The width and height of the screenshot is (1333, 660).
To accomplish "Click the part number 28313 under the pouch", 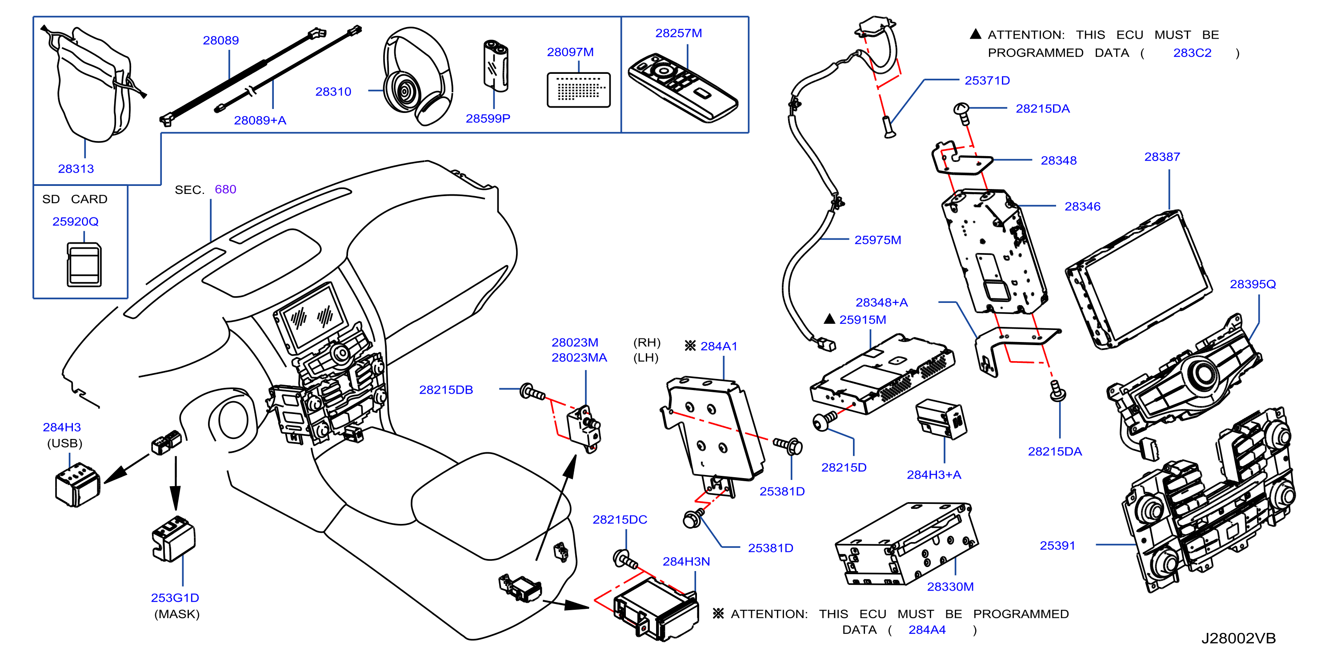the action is click(x=76, y=169).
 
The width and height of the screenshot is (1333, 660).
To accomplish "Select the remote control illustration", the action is click(x=683, y=88).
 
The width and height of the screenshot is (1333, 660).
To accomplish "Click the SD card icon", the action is click(x=84, y=265).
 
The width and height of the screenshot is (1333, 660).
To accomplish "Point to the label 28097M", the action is click(x=570, y=52).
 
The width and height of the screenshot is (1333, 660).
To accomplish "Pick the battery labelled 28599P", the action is click(x=496, y=65).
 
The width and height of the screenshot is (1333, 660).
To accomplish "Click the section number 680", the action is click(x=226, y=189).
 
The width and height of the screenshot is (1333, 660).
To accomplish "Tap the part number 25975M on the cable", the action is click(x=877, y=240).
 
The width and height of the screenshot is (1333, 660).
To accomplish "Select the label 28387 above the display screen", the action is click(x=1162, y=157).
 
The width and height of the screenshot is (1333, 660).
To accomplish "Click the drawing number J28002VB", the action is click(x=1238, y=638).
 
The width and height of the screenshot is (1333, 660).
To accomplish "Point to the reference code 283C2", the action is click(x=1192, y=53).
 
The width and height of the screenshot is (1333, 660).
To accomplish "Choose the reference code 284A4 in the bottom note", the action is click(x=927, y=630).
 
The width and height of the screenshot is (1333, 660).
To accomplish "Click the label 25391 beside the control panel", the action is click(x=1058, y=546).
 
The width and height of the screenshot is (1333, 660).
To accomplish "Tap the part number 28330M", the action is click(x=950, y=587).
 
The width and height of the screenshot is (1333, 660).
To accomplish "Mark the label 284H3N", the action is click(x=686, y=562).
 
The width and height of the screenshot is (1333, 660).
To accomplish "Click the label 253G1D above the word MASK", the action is click(x=175, y=598).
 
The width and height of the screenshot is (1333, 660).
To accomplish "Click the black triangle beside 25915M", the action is click(x=829, y=319).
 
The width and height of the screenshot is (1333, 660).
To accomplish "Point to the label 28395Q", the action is click(x=1253, y=284).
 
